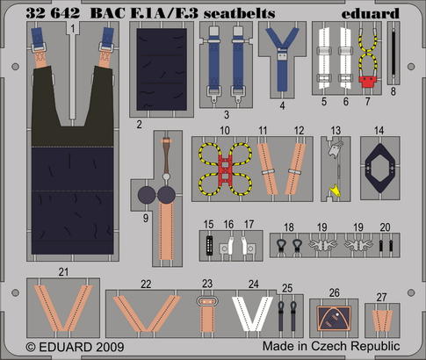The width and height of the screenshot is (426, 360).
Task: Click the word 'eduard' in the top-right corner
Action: [x=370, y=13]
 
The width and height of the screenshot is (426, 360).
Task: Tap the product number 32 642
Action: [x=53, y=13]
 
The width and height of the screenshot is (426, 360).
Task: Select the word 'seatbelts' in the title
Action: [x=240, y=13]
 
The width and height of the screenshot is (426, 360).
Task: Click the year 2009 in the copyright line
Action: [x=110, y=347]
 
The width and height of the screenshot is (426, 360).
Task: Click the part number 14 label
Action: [x=379, y=131]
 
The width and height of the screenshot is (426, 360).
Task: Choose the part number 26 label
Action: [x=334, y=292]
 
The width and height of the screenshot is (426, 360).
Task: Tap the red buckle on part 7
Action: [x=367, y=82]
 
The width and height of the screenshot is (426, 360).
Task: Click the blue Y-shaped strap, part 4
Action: [x=282, y=59]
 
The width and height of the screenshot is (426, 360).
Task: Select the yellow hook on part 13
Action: [x=335, y=191]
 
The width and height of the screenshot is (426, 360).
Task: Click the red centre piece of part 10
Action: [x=225, y=169]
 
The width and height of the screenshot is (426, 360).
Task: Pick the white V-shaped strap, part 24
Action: [x=252, y=313]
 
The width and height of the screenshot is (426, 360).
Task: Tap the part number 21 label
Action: [x=63, y=272]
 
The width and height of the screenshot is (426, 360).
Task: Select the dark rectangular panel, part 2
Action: [x=162, y=69]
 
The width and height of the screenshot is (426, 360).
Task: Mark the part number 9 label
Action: [x=146, y=218]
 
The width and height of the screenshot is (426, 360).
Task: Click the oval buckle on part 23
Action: [x=207, y=301]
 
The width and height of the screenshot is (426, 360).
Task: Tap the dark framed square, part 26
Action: [x=334, y=318]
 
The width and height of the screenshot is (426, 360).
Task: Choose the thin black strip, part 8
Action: [x=394, y=53]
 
